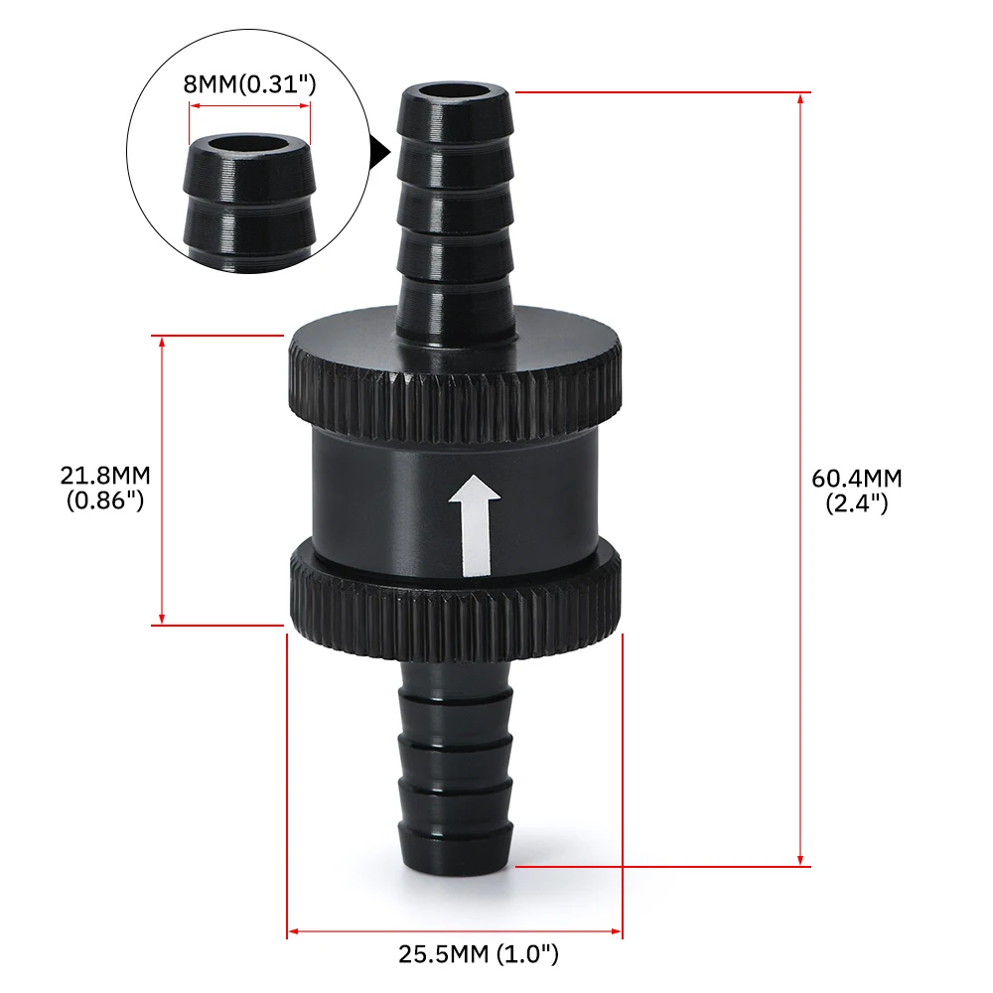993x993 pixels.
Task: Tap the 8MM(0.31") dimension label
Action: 249,85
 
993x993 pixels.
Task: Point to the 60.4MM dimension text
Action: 857,479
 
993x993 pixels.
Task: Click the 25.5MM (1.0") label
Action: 479,955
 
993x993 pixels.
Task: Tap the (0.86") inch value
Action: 106,501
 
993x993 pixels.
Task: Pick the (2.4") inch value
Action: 857,503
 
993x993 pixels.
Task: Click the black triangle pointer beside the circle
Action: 379,152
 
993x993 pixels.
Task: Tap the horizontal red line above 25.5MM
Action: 455,932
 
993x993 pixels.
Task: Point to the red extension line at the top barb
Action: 655,92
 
